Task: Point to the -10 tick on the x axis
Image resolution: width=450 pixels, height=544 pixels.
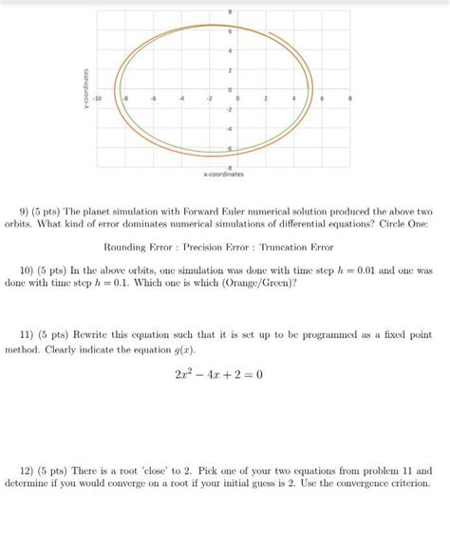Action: pyautogui.click(x=96, y=98)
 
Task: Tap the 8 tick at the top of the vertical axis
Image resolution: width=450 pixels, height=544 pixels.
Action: pyautogui.click(x=230, y=10)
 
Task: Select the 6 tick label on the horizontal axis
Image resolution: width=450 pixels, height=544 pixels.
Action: pyautogui.click(x=323, y=98)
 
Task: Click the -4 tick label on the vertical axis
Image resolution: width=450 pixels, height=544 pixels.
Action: pyautogui.click(x=229, y=128)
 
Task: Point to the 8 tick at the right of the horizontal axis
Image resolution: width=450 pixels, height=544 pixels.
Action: pyautogui.click(x=350, y=98)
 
